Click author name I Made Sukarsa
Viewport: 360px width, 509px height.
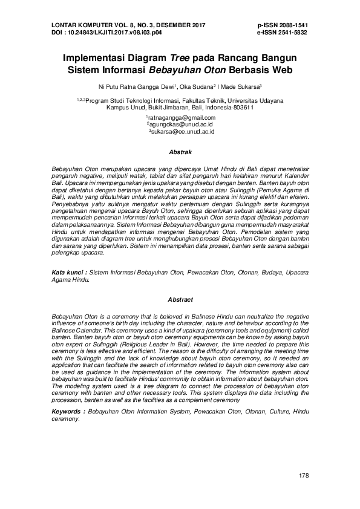click(240, 86)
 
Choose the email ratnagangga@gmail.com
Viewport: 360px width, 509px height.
click(182, 117)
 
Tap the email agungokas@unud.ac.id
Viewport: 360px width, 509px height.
click(181, 124)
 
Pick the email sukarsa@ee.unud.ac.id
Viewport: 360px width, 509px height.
click(182, 131)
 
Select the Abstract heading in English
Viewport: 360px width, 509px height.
click(180, 300)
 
